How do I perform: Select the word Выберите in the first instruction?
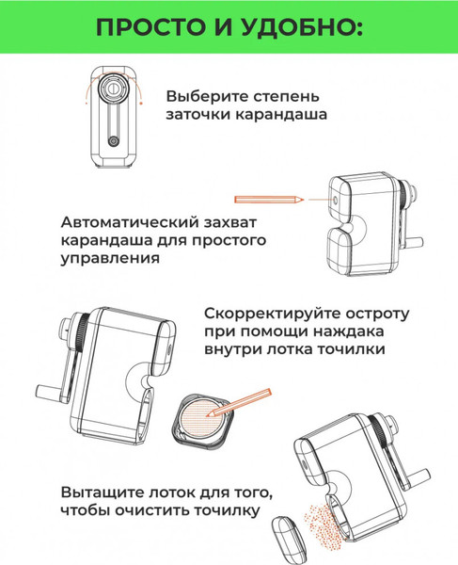203,96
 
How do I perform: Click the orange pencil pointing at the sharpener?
269,200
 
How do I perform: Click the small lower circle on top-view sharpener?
114,140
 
